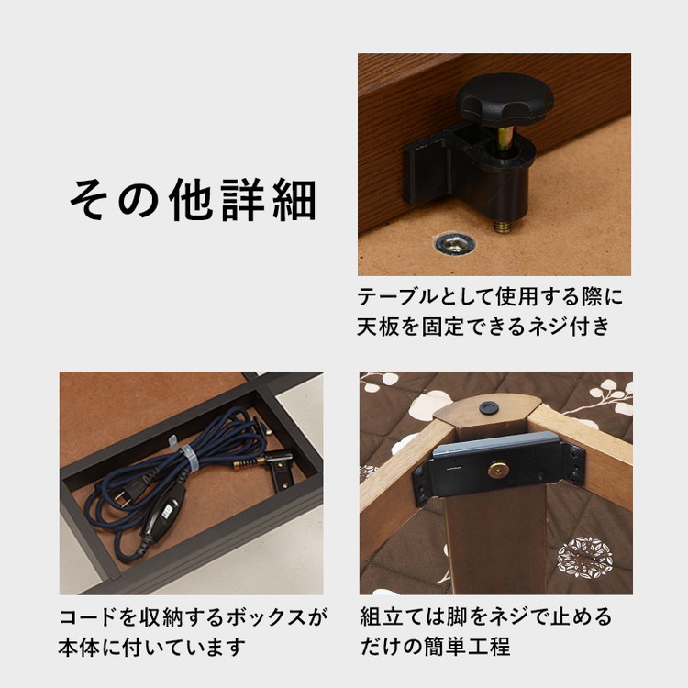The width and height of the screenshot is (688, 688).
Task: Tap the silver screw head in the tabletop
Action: [x=455, y=243]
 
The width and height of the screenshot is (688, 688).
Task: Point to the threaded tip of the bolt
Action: [x=501, y=227]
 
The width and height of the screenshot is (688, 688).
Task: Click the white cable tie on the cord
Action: [x=189, y=457]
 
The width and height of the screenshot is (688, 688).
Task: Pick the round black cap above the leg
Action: [x=488, y=407]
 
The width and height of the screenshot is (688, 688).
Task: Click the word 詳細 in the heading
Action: [x=269, y=200]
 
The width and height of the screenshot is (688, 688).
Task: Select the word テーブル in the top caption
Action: [x=398, y=296]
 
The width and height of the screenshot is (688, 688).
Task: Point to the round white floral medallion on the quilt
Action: [x=585, y=558]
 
